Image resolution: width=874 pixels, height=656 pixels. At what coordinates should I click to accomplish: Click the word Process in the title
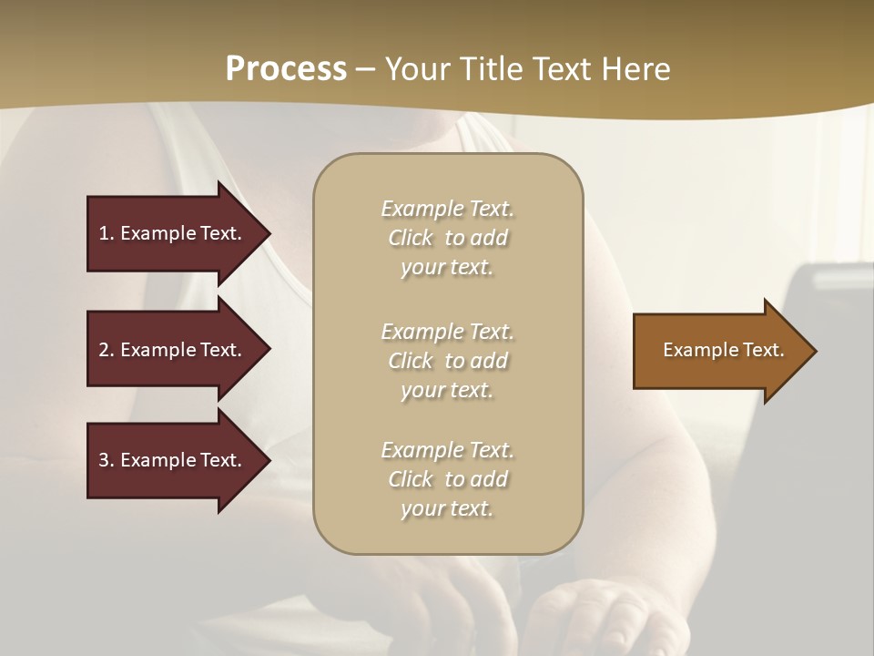coord(286,69)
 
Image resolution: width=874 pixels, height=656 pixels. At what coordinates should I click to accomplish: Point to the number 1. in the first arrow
coord(107,233)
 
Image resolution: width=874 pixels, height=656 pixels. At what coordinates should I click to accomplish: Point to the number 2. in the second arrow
coord(107,350)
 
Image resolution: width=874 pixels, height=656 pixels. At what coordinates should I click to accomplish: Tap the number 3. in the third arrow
coord(107,460)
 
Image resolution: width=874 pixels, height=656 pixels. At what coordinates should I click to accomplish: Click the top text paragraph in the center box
coord(447,238)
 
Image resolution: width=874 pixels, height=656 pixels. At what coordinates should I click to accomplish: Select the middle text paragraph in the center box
coord(447,361)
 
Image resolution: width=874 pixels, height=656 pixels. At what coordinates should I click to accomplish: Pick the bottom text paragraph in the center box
coord(447,479)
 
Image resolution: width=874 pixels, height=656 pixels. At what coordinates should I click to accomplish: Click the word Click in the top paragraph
coord(411,238)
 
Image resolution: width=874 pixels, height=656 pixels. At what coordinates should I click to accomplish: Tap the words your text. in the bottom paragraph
coord(447,508)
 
